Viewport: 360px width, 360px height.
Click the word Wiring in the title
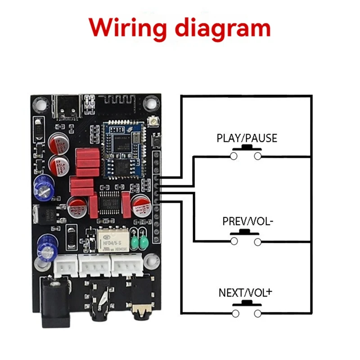coord(127,28)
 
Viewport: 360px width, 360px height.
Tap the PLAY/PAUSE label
coord(247,138)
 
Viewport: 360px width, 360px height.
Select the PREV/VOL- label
coord(247,222)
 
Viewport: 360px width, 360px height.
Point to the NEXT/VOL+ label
coord(246,293)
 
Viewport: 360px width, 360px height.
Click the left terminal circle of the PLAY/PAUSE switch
coord(234,156)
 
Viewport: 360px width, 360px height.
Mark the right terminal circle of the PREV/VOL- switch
coord(258,242)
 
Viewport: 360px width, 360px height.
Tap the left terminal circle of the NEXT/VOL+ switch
coord(234,313)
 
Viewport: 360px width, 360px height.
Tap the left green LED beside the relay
coord(135,244)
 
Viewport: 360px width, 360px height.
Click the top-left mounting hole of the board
coord(41,103)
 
